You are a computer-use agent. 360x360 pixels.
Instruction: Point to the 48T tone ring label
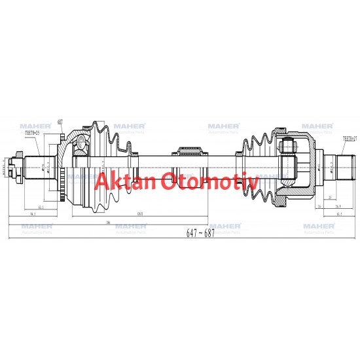click(x=60, y=122)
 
